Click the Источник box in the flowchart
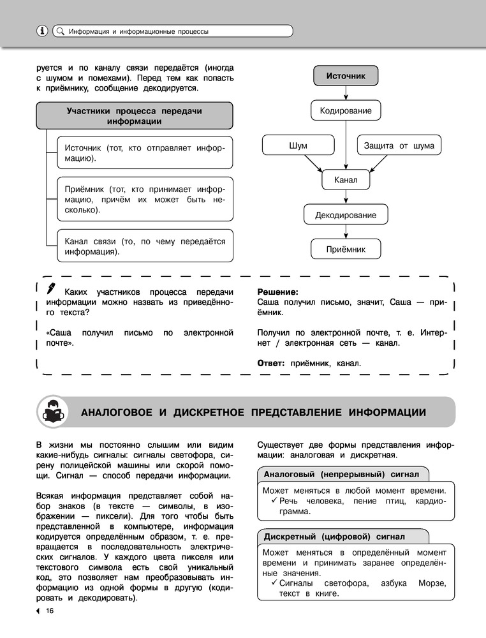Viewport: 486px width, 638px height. click(x=346, y=76)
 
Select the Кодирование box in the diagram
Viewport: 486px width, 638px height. click(x=346, y=111)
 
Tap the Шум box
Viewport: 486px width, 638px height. click(x=298, y=145)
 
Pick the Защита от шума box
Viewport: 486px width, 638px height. click(x=399, y=145)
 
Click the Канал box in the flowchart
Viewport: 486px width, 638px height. click(x=346, y=180)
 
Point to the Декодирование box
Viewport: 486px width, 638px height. click(x=346, y=215)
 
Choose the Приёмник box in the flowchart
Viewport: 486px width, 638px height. click(x=346, y=249)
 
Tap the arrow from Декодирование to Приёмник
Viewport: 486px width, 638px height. click(x=346, y=232)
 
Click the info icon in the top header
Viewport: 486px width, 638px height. click(x=42, y=31)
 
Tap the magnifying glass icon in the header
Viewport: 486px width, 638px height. click(x=60, y=31)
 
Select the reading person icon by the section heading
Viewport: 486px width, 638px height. click(x=55, y=412)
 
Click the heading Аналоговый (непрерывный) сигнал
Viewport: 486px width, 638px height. click(x=342, y=475)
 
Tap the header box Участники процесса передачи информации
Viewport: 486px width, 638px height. click(x=134, y=115)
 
